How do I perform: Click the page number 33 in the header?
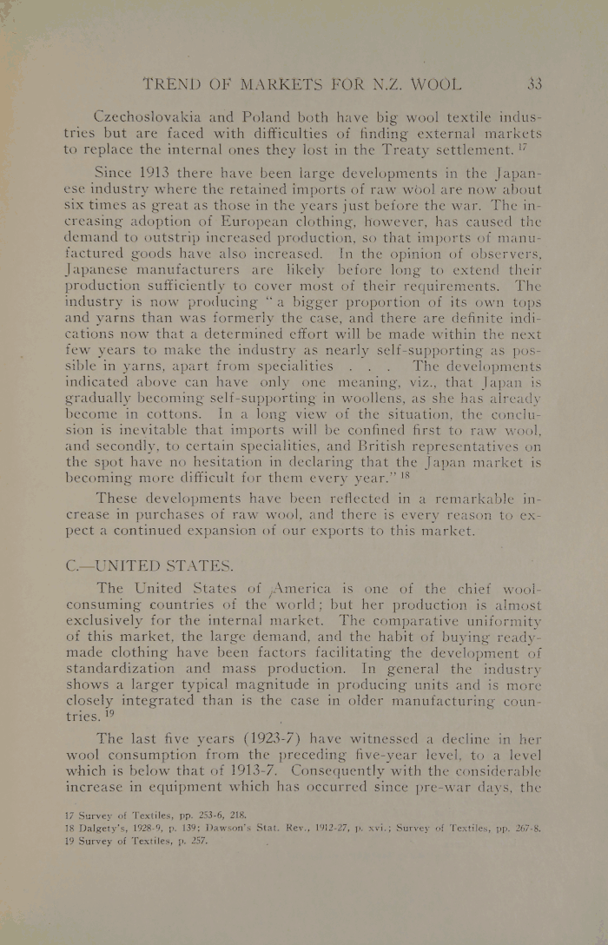pyautogui.click(x=533, y=85)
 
